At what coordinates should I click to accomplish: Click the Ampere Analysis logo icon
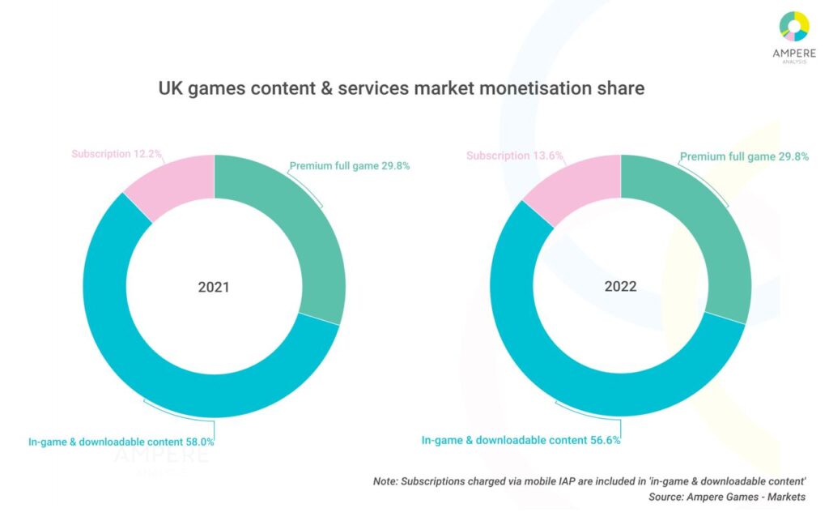click(794, 26)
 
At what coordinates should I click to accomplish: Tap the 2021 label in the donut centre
click(214, 287)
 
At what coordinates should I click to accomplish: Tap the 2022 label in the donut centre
click(620, 287)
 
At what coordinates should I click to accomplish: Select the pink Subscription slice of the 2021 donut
click(177, 184)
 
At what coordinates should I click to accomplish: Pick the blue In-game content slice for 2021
click(146, 357)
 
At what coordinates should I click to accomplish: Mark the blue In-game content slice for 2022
click(551, 357)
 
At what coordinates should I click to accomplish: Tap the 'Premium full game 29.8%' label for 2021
click(350, 166)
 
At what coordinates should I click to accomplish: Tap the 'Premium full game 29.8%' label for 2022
click(744, 157)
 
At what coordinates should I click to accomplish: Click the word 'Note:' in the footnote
click(387, 480)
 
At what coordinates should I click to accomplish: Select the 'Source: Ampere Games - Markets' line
click(727, 496)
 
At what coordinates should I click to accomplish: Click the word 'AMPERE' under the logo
click(793, 54)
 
